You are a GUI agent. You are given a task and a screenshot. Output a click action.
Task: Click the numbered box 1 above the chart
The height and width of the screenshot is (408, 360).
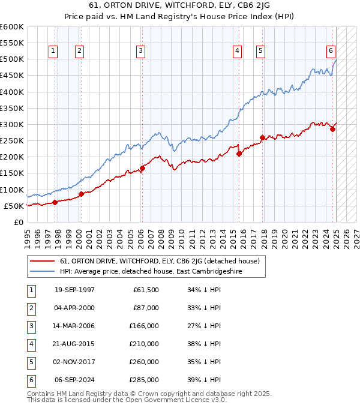53,51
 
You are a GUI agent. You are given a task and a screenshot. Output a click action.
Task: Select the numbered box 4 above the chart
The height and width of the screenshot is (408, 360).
238,51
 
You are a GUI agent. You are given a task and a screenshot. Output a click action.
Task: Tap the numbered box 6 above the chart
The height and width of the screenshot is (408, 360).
331,51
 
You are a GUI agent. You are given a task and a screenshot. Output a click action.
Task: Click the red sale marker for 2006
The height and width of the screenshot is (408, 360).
142,168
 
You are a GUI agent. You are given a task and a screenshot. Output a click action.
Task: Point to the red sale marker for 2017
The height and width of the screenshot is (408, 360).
262,137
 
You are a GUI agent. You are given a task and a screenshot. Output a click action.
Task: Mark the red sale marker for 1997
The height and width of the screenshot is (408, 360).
55,202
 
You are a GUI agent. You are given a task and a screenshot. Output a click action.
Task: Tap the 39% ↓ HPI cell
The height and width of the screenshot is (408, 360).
205,379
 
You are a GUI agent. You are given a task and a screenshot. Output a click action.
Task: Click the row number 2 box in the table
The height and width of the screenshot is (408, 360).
30,308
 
